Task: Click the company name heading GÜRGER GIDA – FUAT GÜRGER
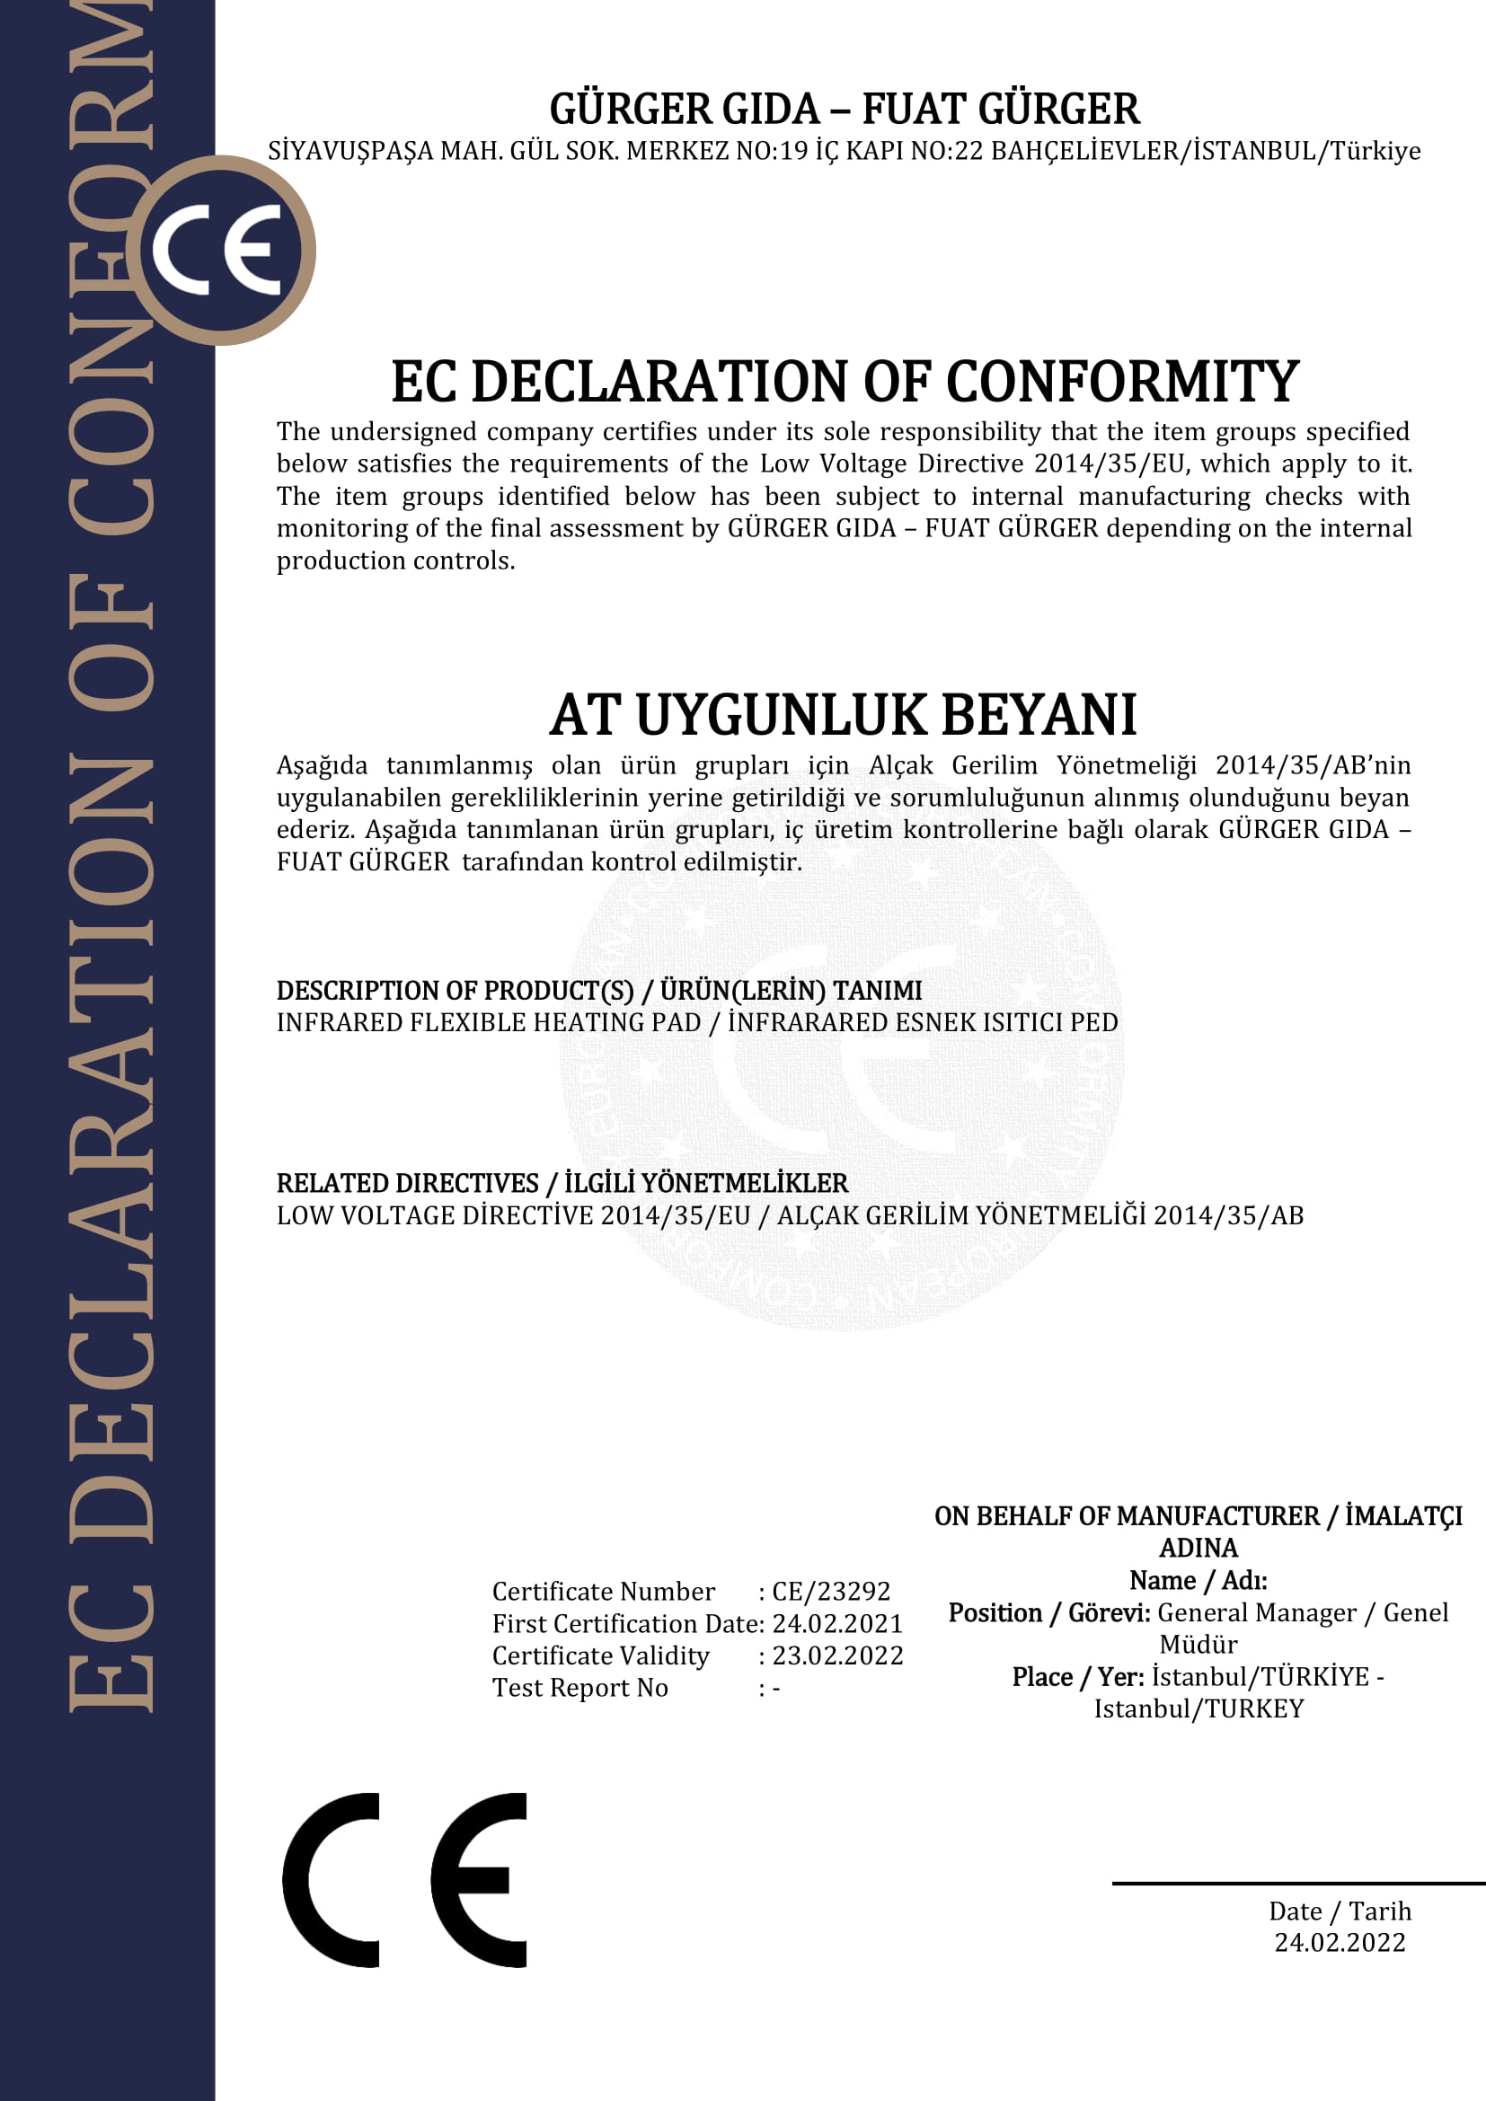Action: point(844,109)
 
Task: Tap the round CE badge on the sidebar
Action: point(220,250)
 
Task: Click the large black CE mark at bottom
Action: point(404,1879)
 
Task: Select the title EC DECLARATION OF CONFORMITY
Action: point(845,382)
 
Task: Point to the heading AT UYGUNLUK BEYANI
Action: point(843,715)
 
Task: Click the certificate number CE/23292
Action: point(831,1592)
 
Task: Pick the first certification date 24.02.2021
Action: point(837,1623)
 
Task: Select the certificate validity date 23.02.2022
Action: point(837,1655)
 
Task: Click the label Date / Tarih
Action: point(1340,1911)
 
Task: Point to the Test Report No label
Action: point(580,1688)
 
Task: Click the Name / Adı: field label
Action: point(1198,1580)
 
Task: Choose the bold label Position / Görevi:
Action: point(1049,1612)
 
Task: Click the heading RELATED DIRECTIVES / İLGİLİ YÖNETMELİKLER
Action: point(562,1183)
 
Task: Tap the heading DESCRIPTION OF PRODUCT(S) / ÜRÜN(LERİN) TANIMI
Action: point(599,990)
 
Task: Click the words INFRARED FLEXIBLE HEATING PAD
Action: point(489,1022)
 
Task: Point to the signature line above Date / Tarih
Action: point(1298,1884)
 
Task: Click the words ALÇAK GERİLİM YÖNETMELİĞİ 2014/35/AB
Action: point(1040,1215)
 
